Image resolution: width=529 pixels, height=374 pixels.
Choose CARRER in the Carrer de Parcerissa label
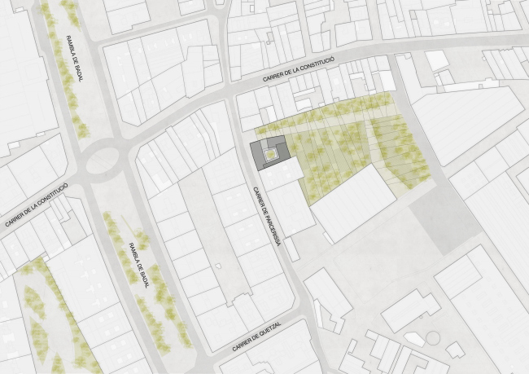(x=257, y=196)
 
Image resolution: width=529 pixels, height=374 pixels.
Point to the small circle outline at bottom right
(x=431, y=337)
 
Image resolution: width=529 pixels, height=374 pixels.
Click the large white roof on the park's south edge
(x=353, y=200)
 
